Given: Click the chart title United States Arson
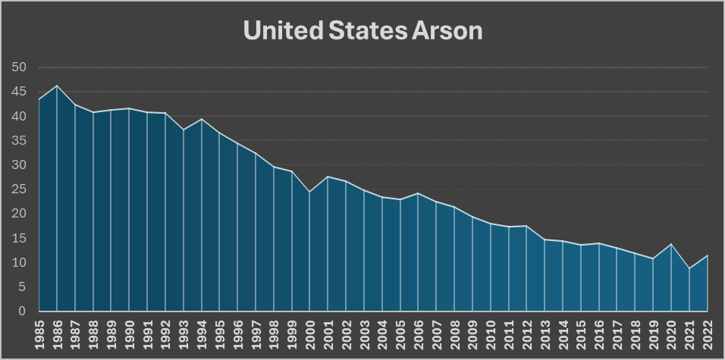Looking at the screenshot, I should click(x=362, y=31).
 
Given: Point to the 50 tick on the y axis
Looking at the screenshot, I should click(x=20, y=68).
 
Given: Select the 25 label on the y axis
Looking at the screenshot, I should click(x=20, y=189).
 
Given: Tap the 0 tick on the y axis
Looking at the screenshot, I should click(x=23, y=311).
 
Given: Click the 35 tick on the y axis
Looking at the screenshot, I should click(x=20, y=141).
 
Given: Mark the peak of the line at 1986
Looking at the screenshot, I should click(x=57, y=86).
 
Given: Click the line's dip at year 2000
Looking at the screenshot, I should click(x=309, y=192).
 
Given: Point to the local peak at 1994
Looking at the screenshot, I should click(x=201, y=119).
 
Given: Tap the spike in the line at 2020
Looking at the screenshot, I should click(x=670, y=244).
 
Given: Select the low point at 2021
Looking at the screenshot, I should click(x=689, y=268).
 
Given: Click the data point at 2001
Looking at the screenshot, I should click(x=328, y=177).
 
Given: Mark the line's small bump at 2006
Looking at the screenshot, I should click(x=418, y=193).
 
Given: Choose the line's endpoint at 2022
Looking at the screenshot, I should click(x=707, y=255).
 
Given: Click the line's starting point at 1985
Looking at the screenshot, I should click(x=39, y=99).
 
